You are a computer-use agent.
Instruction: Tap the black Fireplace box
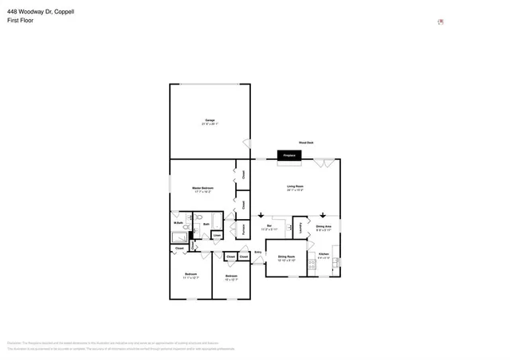pyautogui.click(x=288, y=155)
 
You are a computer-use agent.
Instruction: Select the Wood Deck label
pyautogui.click(x=306, y=142)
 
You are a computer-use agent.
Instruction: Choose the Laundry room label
pyautogui.click(x=301, y=227)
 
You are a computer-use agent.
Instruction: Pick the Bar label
pyautogui.click(x=270, y=227)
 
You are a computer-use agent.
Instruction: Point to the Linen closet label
pyautogui.click(x=216, y=236)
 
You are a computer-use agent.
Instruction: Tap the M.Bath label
pyautogui.click(x=178, y=223)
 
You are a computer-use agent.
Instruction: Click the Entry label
pyautogui.click(x=257, y=252)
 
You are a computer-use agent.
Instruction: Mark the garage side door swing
pyautogui.click(x=246, y=144)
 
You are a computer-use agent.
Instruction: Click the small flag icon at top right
pyautogui.click(x=441, y=22)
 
